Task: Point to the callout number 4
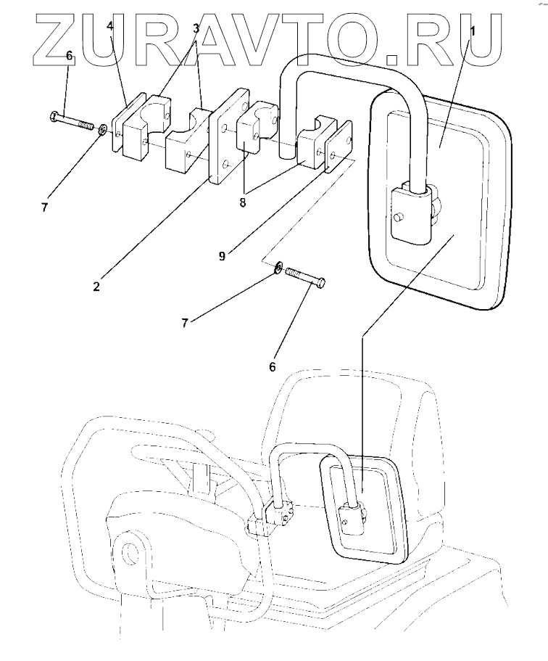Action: pyautogui.click(x=110, y=27)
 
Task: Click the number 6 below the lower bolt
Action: pyautogui.click(x=273, y=367)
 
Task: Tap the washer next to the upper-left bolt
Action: pyautogui.click(x=104, y=130)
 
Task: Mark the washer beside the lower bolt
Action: pyautogui.click(x=278, y=271)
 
